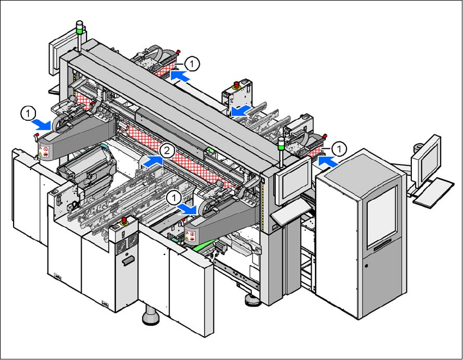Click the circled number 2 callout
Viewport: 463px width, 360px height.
167,151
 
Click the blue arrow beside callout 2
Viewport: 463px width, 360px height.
153,161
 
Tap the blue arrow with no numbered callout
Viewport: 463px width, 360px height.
242,111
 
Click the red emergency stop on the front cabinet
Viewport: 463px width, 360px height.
124,220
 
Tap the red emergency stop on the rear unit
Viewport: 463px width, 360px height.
236,84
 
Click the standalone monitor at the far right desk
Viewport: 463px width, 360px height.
426,162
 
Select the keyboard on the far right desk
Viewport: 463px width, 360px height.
433,192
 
